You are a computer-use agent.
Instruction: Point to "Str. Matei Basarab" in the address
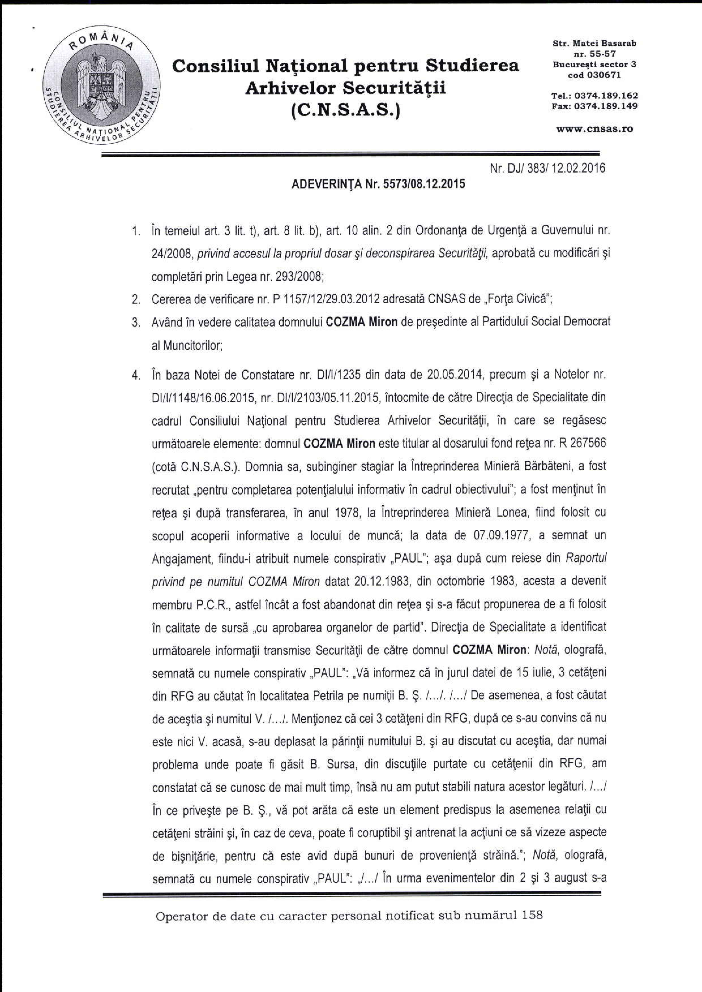pyautogui.click(x=594, y=44)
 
